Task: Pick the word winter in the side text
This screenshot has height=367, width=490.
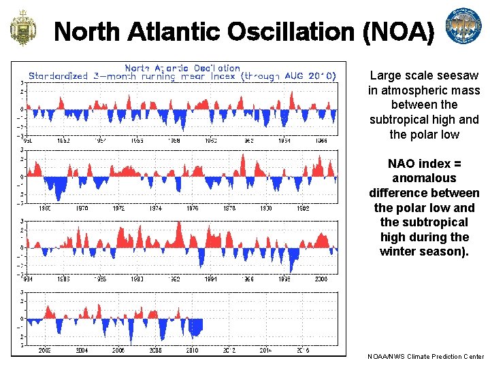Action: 399,251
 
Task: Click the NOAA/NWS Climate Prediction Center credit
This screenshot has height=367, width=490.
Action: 425,356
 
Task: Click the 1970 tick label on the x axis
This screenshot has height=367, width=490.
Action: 82,208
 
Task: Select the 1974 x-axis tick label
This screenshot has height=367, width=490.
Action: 156,208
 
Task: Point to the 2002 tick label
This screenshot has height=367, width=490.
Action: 46,351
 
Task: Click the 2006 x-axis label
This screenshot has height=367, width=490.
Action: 119,351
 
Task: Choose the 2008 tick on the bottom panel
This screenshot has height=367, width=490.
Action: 156,351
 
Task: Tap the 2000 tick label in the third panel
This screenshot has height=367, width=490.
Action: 321,279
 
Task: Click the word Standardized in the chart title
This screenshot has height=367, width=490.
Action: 55,76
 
